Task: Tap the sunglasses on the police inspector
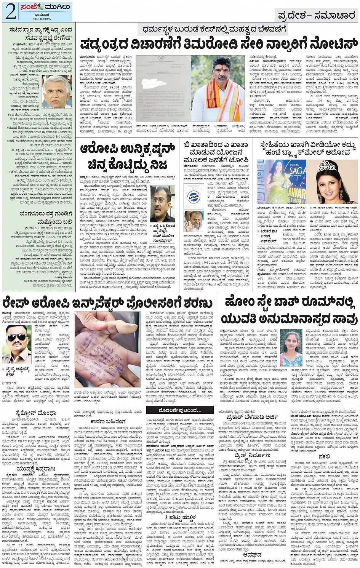(17, 338)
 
